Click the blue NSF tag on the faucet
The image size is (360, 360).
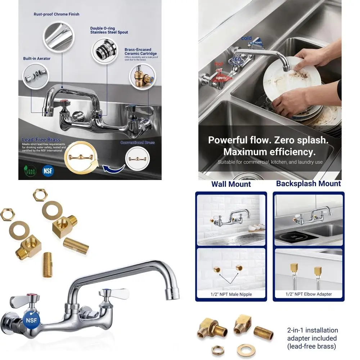click(x=31, y=319)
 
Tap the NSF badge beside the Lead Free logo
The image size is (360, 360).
click(x=48, y=170)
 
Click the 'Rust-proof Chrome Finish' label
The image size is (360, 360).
click(x=57, y=14)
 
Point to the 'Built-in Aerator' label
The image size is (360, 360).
click(x=37, y=58)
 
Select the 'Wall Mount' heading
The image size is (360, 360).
click(x=231, y=184)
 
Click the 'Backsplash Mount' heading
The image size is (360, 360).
click(x=308, y=184)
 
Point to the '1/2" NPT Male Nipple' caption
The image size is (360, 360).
click(x=231, y=294)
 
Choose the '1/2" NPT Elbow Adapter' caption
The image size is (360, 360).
click(x=309, y=294)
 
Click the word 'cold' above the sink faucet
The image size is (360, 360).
click(x=247, y=38)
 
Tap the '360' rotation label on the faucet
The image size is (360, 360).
click(x=236, y=59)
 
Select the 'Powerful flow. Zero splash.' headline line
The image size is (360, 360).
click(x=268, y=140)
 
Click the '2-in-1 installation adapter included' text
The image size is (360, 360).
click(x=312, y=338)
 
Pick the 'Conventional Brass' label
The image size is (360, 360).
click(x=138, y=143)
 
